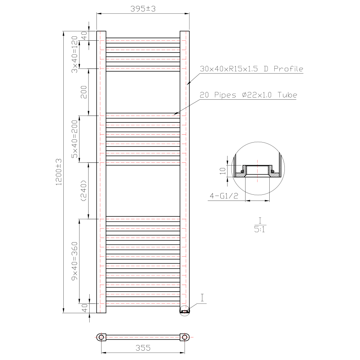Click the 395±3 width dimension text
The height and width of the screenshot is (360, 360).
(x=143, y=9)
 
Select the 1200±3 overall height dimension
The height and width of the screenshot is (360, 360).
(x=59, y=172)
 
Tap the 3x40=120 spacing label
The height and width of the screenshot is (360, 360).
(x=75, y=54)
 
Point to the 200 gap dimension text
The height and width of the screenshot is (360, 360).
(x=84, y=92)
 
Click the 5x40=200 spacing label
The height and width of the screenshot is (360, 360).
(x=75, y=139)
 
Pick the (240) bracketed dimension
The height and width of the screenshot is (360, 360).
(x=84, y=190)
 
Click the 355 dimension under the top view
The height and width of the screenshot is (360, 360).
(x=143, y=348)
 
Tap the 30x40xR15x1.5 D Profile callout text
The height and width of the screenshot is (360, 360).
(x=252, y=69)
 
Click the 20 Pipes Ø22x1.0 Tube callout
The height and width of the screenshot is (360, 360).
(x=248, y=95)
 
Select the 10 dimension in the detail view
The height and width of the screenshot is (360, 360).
(x=223, y=170)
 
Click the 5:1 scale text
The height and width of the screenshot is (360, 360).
(x=260, y=229)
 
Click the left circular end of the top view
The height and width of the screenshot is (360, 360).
(x=101, y=337)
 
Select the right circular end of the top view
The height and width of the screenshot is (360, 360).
(x=185, y=337)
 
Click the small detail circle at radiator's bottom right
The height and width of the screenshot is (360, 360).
(x=184, y=311)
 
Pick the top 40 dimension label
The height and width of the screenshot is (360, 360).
(x=84, y=36)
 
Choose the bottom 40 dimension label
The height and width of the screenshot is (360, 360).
(x=84, y=308)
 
